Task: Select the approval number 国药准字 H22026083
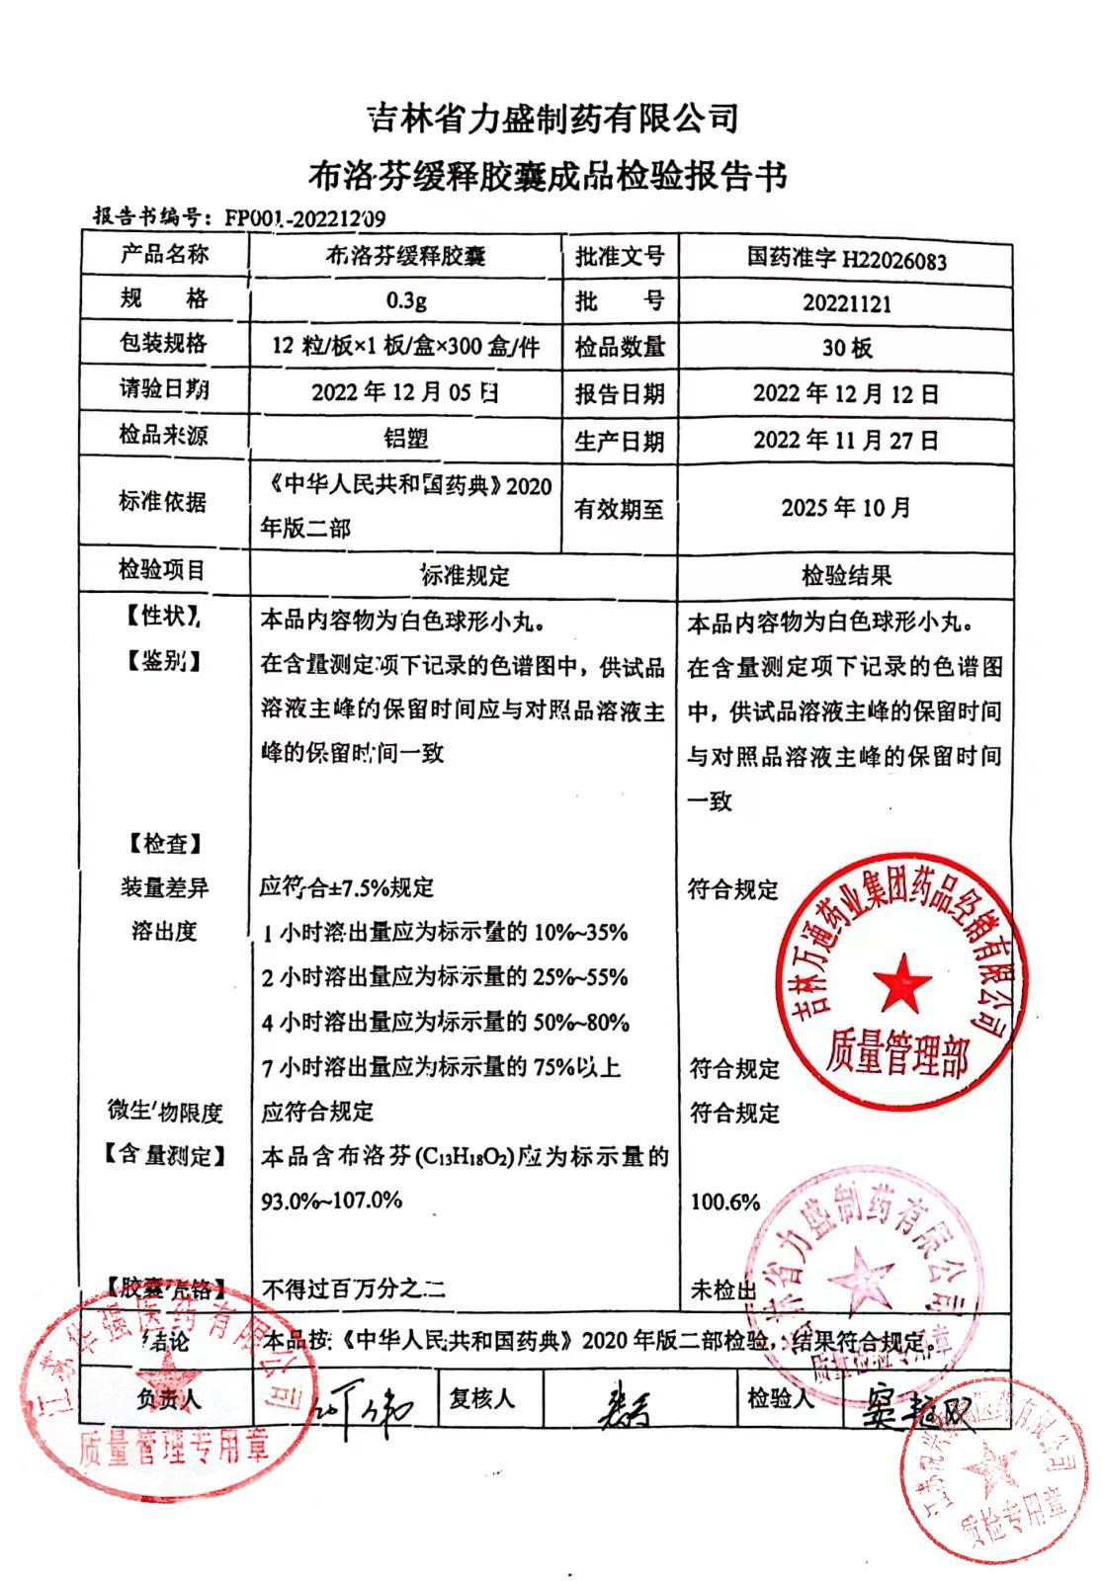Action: pyautogui.click(x=846, y=259)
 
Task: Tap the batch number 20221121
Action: pyautogui.click(x=846, y=303)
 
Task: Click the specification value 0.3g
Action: pyautogui.click(x=406, y=299)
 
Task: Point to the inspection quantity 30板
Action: pyautogui.click(x=846, y=348)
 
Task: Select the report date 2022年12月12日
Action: pyautogui.click(x=846, y=393)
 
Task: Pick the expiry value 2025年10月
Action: pyautogui.click(x=846, y=508)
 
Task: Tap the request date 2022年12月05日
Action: pyautogui.click(x=406, y=392)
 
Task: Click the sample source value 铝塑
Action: pyautogui.click(x=406, y=438)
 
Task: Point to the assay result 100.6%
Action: pyautogui.click(x=724, y=1203)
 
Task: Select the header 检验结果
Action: pyautogui.click(x=846, y=575)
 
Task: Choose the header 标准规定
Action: pyautogui.click(x=465, y=575)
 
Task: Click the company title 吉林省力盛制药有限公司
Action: pyautogui.click(x=552, y=120)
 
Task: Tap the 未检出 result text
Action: pyautogui.click(x=722, y=1290)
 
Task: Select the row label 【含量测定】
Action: pyautogui.click(x=164, y=1155)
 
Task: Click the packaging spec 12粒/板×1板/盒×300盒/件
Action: pyautogui.click(x=406, y=346)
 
